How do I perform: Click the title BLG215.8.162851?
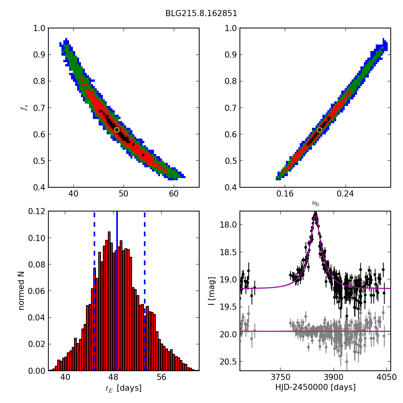(x=201, y=13)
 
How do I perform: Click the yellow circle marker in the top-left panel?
(x=117, y=130)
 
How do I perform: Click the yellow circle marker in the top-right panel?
(x=319, y=130)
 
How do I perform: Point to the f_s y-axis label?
(x=25, y=108)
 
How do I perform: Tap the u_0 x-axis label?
(x=315, y=203)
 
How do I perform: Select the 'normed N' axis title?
(x=21, y=291)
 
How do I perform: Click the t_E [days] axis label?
(x=123, y=388)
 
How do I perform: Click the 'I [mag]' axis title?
(x=211, y=291)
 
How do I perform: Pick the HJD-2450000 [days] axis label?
(x=315, y=388)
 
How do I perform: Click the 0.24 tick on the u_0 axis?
(x=345, y=194)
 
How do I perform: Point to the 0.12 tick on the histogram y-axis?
(x=37, y=211)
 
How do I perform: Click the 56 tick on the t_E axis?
(x=162, y=378)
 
